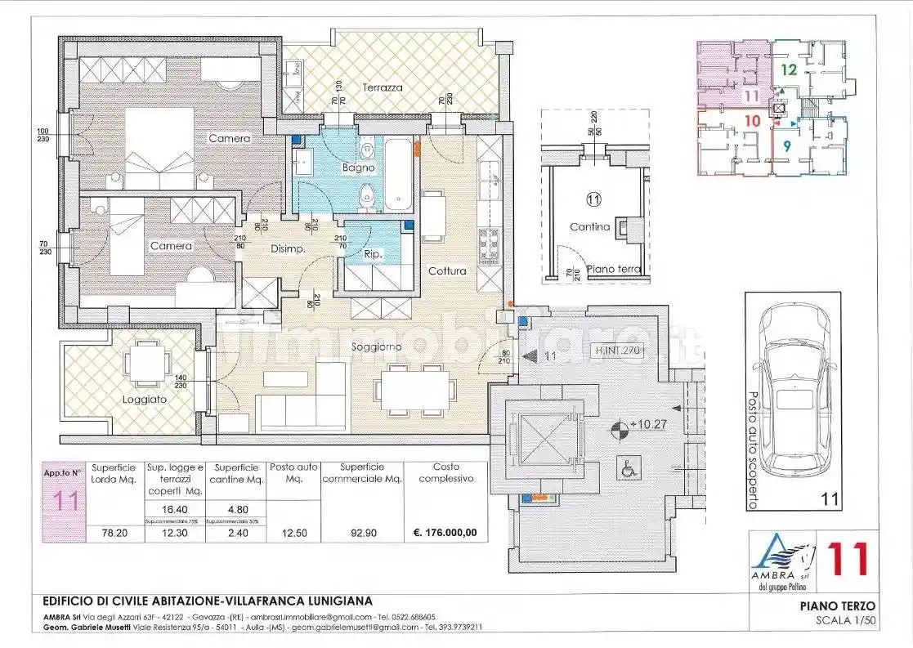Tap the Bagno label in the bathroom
358,168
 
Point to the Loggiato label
145,400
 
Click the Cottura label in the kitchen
447,270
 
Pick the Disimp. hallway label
288,251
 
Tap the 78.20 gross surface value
112,533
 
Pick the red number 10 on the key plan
753,121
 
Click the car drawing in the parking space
793,388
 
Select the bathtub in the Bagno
400,174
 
